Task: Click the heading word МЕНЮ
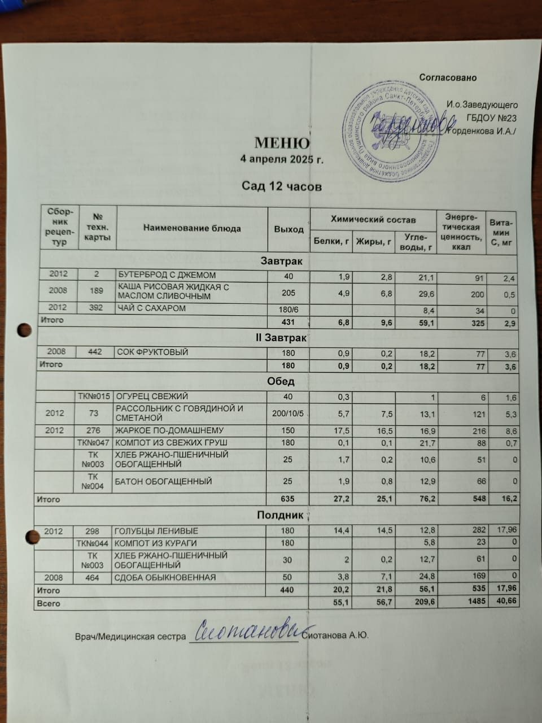coord(282,142)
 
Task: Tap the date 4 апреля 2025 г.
coord(282,159)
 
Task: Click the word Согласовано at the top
coord(448,77)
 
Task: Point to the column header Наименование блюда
coord(192,229)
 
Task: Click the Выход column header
coord(289,229)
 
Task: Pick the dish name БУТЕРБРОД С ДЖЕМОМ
coord(167,275)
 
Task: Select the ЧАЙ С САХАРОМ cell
coord(151,308)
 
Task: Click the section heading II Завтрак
coord(281,338)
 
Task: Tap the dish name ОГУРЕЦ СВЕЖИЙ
coord(152,396)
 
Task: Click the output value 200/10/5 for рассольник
coord(288,413)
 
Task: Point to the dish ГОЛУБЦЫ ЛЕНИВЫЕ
coord(156,531)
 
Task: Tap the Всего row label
coord(48,603)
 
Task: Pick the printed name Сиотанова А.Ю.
coord(335,636)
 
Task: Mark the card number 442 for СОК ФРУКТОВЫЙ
coord(95,352)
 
